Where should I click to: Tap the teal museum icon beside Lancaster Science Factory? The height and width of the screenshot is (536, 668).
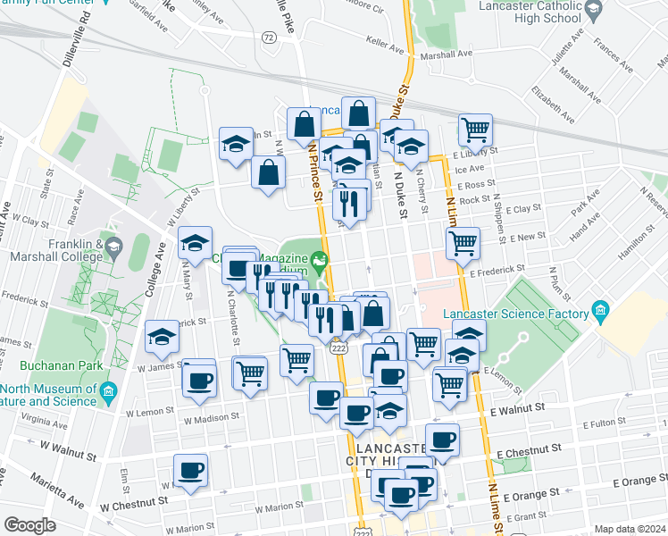pyautogui.click(x=599, y=314)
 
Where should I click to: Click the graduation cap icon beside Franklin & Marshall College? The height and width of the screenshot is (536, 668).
pyautogui.click(x=113, y=247)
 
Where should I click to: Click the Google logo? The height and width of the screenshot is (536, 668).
pyautogui.click(x=29, y=525)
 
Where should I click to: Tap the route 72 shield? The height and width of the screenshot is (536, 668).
pyautogui.click(x=269, y=37)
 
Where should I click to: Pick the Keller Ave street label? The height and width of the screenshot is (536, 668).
pyautogui.click(x=387, y=40)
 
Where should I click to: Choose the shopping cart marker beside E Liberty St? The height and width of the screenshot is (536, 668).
pyautogui.click(x=476, y=130)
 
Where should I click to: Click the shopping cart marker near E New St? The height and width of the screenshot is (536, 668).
pyautogui.click(x=463, y=242)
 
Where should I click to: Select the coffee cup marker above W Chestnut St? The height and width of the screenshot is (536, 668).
pyautogui.click(x=190, y=470)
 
